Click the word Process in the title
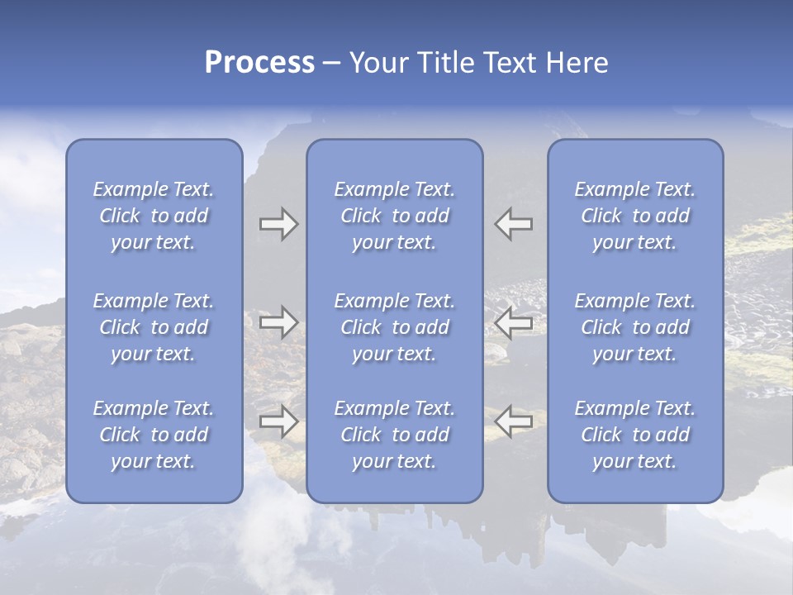[259, 63]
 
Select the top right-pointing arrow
[278, 224]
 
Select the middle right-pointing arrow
[278, 322]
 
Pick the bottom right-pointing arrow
[278, 421]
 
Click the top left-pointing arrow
[514, 224]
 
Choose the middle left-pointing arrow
[514, 322]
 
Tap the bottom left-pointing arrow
[514, 421]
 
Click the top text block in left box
[154, 216]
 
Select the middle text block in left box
[154, 327]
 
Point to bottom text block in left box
[154, 435]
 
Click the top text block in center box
[394, 216]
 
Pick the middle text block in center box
[394, 327]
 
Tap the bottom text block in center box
[394, 435]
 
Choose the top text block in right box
[634, 216]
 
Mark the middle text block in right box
[634, 327]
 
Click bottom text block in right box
[634, 435]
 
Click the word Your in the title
[377, 63]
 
